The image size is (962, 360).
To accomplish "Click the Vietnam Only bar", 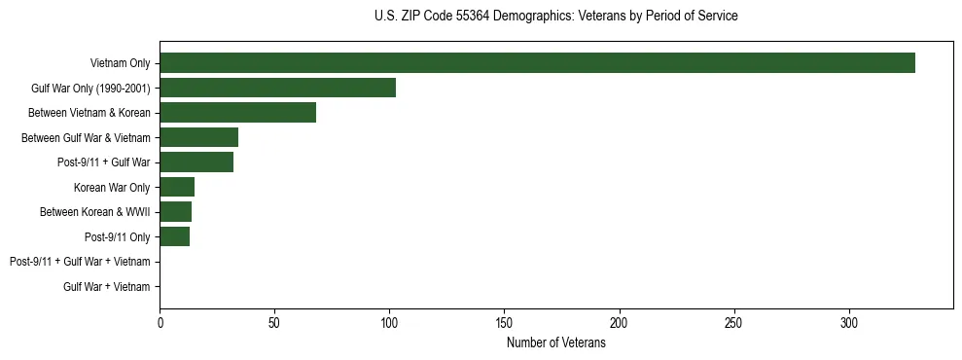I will (537, 63).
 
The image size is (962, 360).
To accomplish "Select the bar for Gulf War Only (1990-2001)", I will (277, 88).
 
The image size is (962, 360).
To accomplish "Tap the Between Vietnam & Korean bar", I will (237, 113).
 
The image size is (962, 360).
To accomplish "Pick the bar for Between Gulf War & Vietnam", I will (198, 137).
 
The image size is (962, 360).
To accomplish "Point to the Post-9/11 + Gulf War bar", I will (196, 162).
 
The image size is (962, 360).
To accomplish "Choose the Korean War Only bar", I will (177, 187).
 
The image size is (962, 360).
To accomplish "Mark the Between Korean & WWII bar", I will (175, 212).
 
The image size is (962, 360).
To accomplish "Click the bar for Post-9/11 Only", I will (174, 236).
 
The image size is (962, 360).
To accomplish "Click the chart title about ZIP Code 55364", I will (555, 17).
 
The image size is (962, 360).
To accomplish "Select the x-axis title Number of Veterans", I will (555, 343).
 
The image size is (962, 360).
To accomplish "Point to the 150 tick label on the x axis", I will (504, 322).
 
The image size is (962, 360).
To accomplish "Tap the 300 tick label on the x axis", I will (848, 322).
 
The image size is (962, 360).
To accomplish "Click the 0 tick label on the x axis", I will (160, 322).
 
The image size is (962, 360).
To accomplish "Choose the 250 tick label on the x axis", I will (733, 322).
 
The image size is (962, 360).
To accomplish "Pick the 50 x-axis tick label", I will (274, 322).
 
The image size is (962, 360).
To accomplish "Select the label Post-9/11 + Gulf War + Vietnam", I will (80, 262).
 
